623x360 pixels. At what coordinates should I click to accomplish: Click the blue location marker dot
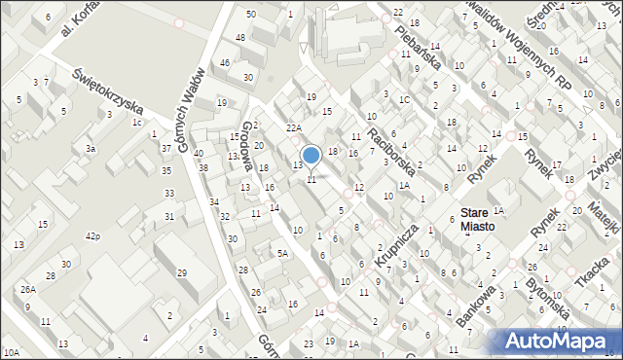pyautogui.click(x=311, y=155)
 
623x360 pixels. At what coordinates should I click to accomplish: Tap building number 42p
pyautogui.click(x=93, y=236)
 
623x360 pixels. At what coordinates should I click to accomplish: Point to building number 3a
pyautogui.click(x=90, y=149)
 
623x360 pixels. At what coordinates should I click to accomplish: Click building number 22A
pyautogui.click(x=293, y=127)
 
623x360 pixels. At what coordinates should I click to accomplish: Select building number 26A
pyautogui.click(x=29, y=289)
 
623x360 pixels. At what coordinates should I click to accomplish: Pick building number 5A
pyautogui.click(x=282, y=253)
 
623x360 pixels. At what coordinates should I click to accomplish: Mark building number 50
pyautogui.click(x=251, y=14)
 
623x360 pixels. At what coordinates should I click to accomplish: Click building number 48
pyautogui.click(x=239, y=37)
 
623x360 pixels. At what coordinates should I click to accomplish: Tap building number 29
pyautogui.click(x=182, y=271)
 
